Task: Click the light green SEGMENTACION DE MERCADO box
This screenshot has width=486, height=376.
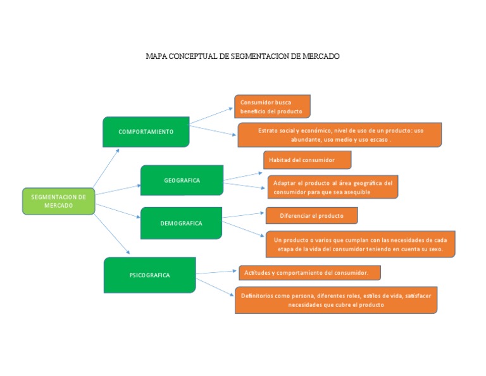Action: coord(59,201)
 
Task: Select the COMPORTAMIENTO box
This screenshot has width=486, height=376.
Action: coord(146,132)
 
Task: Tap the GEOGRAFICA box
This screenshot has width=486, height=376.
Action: coord(182,180)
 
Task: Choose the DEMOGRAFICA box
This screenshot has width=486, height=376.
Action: coord(182,223)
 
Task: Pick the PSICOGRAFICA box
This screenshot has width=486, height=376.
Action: coord(150,275)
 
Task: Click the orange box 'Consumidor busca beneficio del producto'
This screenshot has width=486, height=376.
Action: coord(272,106)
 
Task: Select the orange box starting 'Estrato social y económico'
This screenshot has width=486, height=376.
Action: coord(340,135)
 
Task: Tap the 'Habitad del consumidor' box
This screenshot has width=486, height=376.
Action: coord(307,160)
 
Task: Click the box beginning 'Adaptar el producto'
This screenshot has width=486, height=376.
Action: coord(333,187)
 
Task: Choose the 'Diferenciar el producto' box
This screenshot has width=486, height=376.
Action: coord(312,215)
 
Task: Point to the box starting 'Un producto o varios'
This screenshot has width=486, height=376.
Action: coord(361,244)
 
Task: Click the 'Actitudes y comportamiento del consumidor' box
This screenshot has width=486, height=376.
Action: coord(309,273)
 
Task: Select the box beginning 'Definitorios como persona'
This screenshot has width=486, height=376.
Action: coord(336,300)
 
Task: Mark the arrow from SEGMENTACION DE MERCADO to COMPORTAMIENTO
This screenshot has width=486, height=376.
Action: coord(106,168)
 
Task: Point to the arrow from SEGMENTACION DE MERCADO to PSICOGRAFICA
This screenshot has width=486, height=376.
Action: coord(112,234)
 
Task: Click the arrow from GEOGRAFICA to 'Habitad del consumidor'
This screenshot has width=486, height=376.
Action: coord(243,177)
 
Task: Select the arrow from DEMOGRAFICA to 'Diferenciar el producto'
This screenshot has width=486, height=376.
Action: coord(243,215)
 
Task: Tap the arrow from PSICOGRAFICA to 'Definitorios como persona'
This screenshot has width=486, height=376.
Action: coord(215,287)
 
